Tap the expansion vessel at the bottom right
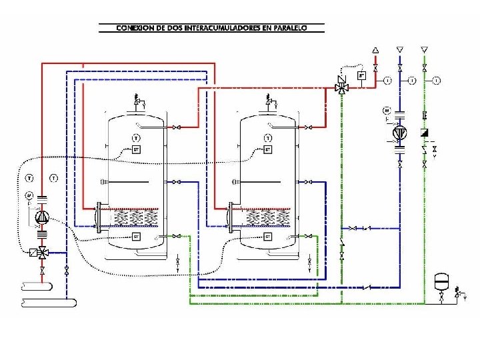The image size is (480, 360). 440,280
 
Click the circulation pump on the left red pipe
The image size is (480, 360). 41,217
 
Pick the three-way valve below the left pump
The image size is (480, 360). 41,253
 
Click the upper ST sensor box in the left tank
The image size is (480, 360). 136,149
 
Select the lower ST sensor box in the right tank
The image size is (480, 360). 268,236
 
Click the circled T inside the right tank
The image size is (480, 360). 268,138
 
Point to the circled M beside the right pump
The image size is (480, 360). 386,109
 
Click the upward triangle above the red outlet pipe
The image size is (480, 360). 375,50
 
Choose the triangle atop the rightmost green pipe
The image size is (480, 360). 425,49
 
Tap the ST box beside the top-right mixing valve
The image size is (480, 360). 361,75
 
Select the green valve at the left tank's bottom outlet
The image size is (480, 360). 177,235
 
